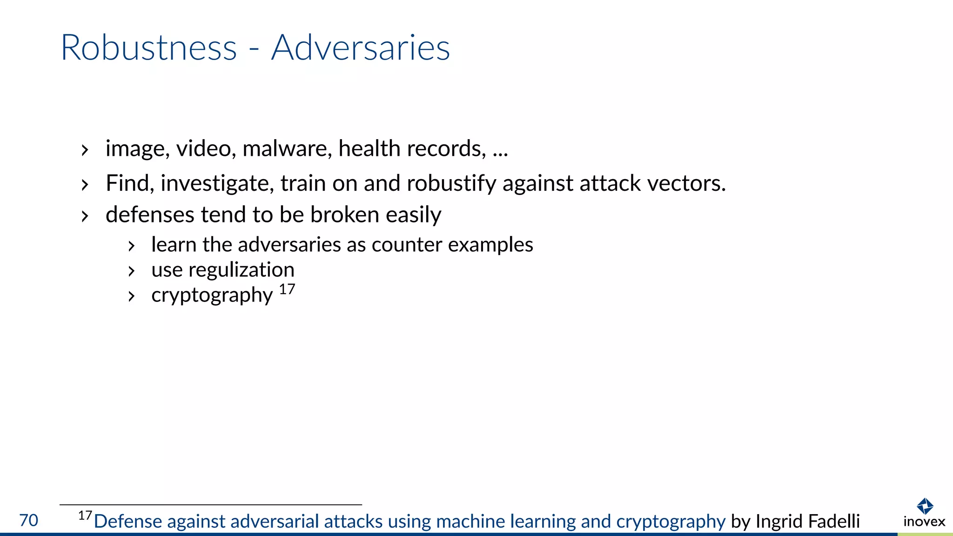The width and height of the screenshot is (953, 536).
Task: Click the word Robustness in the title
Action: coord(149,48)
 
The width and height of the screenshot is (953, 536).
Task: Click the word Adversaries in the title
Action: coord(361,48)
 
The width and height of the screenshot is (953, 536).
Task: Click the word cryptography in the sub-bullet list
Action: coord(212,295)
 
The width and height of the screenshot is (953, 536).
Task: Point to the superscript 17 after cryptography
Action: coord(287,289)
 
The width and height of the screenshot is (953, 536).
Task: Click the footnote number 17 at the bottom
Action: coord(85,516)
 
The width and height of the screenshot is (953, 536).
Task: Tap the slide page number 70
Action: coord(29,520)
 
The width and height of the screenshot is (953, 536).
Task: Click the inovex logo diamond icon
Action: coord(925,505)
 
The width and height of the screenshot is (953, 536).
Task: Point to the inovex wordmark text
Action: coord(924,522)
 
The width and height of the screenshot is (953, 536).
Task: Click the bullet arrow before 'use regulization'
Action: coord(132,271)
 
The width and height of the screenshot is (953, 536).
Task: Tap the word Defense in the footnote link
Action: coord(128,522)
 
